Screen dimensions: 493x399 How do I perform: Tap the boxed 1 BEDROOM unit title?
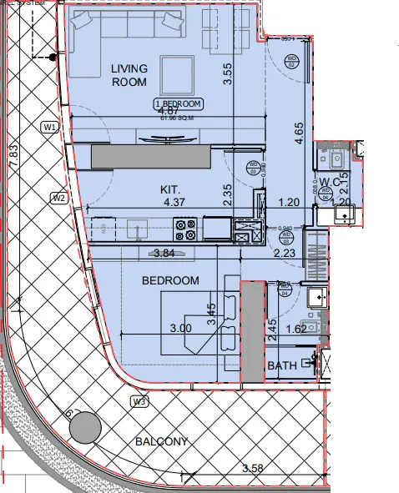[x=178, y=103]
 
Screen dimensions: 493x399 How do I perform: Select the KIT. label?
[x=171, y=189]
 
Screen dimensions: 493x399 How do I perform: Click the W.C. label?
[x=327, y=182]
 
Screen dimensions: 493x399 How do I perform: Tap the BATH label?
[x=282, y=365]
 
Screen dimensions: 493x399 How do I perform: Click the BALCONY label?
[x=158, y=441]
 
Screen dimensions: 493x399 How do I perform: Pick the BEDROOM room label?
[x=170, y=280]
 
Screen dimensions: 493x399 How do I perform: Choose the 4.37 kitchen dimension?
[x=174, y=202]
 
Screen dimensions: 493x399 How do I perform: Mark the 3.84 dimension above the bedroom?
[x=164, y=254]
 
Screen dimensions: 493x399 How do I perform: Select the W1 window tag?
[x=49, y=127]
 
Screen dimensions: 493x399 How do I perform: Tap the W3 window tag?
[x=139, y=401]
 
